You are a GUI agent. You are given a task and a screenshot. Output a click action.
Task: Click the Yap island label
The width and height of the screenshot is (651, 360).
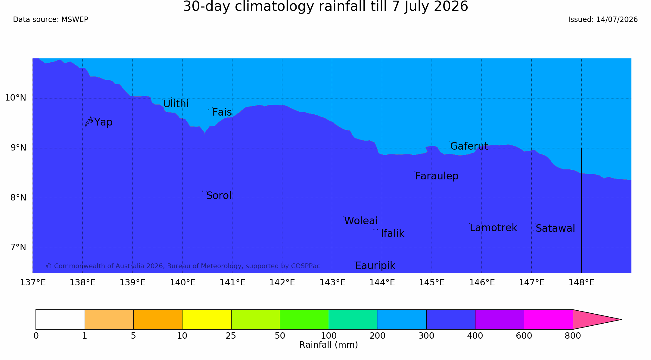103,122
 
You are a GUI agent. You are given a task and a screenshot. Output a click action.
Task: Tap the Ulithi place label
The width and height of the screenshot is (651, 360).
176,104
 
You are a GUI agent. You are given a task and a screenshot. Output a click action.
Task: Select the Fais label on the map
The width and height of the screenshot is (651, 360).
222,112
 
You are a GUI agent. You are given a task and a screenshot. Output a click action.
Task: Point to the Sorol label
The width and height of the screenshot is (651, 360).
219,196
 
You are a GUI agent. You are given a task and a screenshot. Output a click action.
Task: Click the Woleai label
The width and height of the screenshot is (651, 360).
361,221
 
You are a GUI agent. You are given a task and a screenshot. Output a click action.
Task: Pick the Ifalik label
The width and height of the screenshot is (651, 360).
393,234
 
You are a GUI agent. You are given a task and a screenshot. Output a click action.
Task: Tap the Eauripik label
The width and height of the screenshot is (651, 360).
375,266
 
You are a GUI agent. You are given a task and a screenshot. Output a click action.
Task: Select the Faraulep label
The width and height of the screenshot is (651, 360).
437,176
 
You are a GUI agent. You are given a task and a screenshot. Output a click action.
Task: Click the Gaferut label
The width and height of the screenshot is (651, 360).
469,146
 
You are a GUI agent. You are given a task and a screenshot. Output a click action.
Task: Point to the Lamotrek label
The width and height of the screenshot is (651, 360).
494,228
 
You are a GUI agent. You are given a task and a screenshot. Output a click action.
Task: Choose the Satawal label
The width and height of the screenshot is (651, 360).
555,228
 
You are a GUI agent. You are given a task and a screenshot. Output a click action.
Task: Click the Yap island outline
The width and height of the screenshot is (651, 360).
89,122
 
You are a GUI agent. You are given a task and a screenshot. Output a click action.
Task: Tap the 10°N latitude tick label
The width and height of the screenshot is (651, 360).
16,98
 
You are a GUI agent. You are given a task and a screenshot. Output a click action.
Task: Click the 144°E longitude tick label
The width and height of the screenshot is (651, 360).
382,283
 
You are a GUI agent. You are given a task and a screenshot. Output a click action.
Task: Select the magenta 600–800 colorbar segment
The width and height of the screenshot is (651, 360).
548,319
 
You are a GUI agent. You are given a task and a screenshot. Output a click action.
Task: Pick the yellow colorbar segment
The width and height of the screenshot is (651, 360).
207,319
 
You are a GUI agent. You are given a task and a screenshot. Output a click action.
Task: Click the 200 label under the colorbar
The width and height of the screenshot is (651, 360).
378,336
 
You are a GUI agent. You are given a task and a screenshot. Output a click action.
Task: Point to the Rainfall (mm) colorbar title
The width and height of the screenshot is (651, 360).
329,345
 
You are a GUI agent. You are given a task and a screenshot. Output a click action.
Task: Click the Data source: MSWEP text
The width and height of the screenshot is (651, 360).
51,20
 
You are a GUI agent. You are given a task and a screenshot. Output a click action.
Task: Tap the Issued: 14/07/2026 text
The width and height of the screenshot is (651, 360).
603,20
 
